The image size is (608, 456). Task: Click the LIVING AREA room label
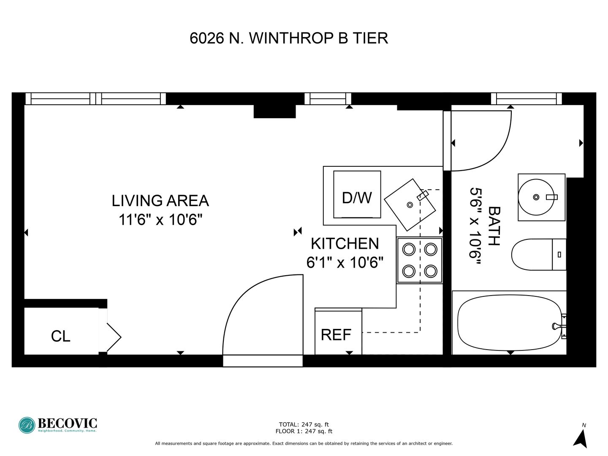coord(160,201)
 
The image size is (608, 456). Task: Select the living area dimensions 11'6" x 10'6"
coord(160,220)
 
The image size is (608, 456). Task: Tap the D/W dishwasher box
coord(357,194)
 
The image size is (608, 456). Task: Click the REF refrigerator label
coord(336,335)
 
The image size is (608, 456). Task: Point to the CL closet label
coord(61,337)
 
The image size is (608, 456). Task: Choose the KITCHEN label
coord(345,244)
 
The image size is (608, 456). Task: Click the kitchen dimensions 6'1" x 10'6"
coord(345,262)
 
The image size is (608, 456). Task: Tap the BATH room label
coord(494,226)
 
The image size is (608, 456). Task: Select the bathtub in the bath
coord(509,323)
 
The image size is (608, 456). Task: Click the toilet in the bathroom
coord(539,255)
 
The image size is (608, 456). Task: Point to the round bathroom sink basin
coord(536,197)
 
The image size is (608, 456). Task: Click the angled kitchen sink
coord(410,205)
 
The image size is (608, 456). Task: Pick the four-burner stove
coord(420,260)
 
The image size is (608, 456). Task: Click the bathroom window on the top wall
coord(526,99)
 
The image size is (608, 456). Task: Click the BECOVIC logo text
coord(67,423)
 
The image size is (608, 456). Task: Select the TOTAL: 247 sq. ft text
coord(304,424)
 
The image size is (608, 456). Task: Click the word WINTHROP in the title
coord(291,38)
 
